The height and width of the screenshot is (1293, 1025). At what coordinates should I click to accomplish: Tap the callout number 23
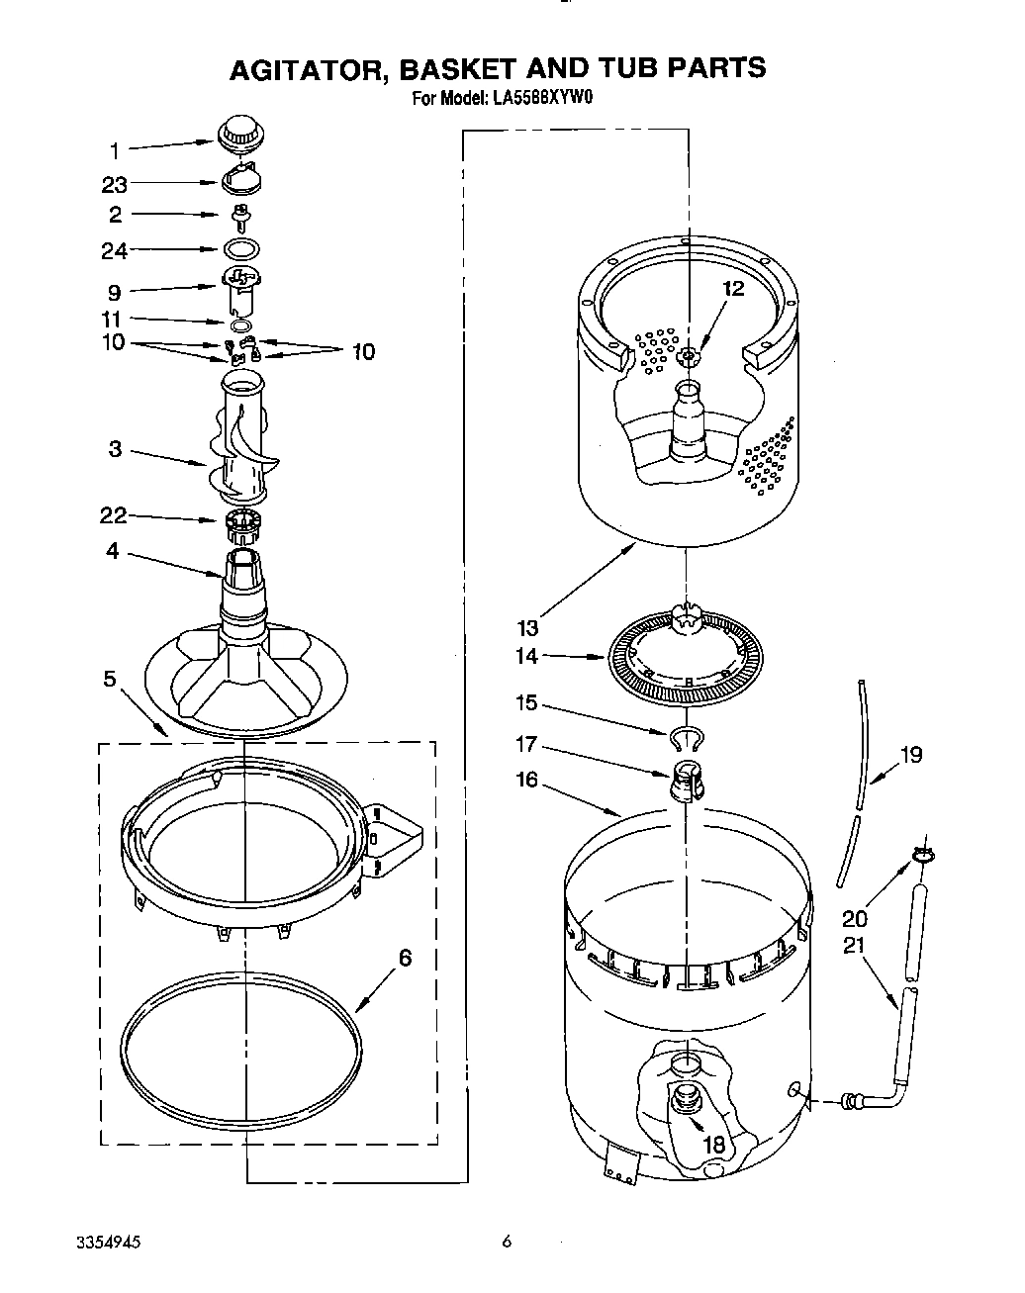click(x=116, y=184)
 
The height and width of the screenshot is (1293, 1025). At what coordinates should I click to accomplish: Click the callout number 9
click(x=114, y=292)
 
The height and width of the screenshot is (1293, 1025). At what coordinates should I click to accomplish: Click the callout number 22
click(x=114, y=515)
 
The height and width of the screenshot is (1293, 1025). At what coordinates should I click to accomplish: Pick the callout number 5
click(x=110, y=679)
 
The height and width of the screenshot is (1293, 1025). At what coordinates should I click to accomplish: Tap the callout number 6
click(x=405, y=958)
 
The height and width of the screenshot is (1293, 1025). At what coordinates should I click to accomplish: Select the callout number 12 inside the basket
click(x=732, y=289)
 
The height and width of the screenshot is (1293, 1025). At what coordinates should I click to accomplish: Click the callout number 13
click(x=527, y=627)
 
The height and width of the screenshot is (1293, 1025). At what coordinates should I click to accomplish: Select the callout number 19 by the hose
click(x=910, y=755)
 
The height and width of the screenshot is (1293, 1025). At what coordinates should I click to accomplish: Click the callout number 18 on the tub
click(x=713, y=1144)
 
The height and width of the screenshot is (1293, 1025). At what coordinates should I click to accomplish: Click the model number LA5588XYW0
click(x=542, y=98)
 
